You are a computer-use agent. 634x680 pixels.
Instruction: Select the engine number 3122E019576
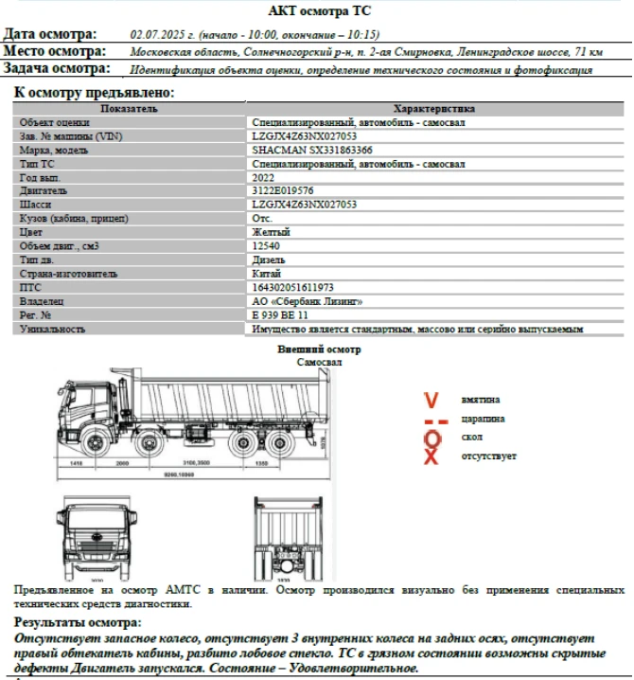point(282,190)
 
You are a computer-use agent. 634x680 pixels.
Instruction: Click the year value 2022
point(264,177)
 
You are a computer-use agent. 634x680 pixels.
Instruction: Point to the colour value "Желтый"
point(271,232)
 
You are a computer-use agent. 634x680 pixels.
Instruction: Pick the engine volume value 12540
point(268,246)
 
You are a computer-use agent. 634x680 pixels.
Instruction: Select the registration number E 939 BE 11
point(280,314)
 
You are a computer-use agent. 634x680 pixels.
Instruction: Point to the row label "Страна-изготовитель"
point(68,274)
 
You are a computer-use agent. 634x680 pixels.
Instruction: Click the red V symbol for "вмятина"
point(431,400)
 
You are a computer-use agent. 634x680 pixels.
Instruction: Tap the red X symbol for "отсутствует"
point(431,457)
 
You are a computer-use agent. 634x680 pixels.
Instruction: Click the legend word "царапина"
point(483,419)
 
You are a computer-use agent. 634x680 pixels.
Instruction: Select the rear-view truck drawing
point(292,538)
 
